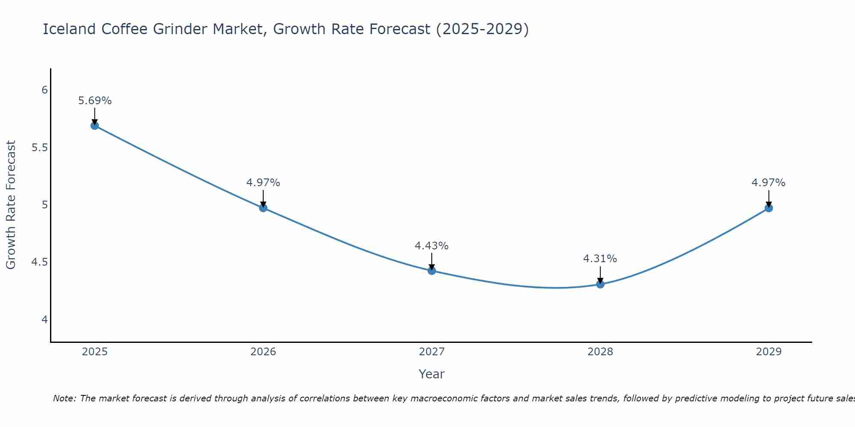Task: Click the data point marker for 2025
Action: [x=94, y=126]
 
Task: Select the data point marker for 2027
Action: [x=432, y=271]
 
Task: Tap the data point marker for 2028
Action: [x=600, y=284]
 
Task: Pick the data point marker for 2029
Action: [x=769, y=208]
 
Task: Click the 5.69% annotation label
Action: [x=95, y=101]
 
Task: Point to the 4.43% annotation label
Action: [x=432, y=246]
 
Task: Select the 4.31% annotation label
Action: [x=600, y=259]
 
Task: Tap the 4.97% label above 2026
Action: [x=263, y=183]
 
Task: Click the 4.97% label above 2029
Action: [x=769, y=183]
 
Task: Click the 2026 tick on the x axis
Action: [x=263, y=352]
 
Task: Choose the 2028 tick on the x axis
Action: [x=600, y=352]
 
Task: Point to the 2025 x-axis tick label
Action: [x=95, y=352]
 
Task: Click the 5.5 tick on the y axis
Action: [x=39, y=148]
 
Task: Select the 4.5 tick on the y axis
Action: [x=39, y=262]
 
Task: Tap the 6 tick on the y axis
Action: [x=44, y=90]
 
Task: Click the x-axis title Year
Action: [x=432, y=374]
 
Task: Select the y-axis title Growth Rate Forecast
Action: [x=11, y=205]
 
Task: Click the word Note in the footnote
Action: [x=64, y=398]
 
